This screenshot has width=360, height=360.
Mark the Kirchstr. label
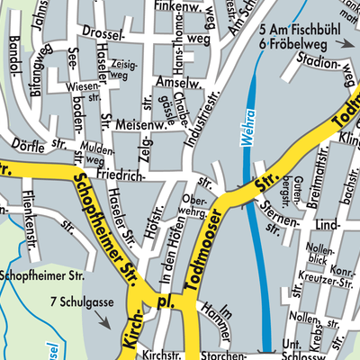coord(162,355)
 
